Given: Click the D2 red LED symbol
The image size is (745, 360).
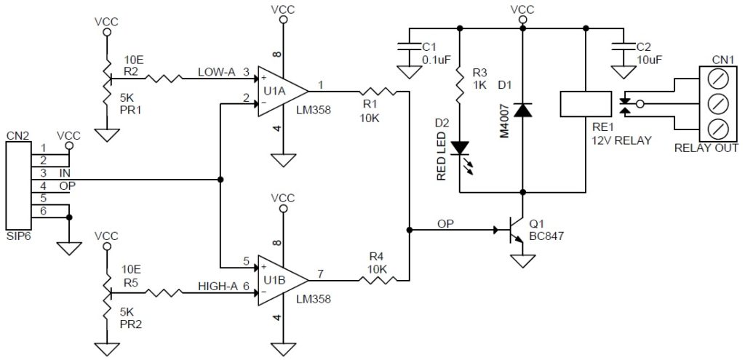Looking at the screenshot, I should [x=458, y=147].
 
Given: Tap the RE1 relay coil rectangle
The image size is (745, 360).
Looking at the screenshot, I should [x=586, y=104].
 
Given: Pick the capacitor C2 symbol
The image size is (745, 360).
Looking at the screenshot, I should [x=624, y=47].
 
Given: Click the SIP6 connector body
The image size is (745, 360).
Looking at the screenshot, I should [x=17, y=185].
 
